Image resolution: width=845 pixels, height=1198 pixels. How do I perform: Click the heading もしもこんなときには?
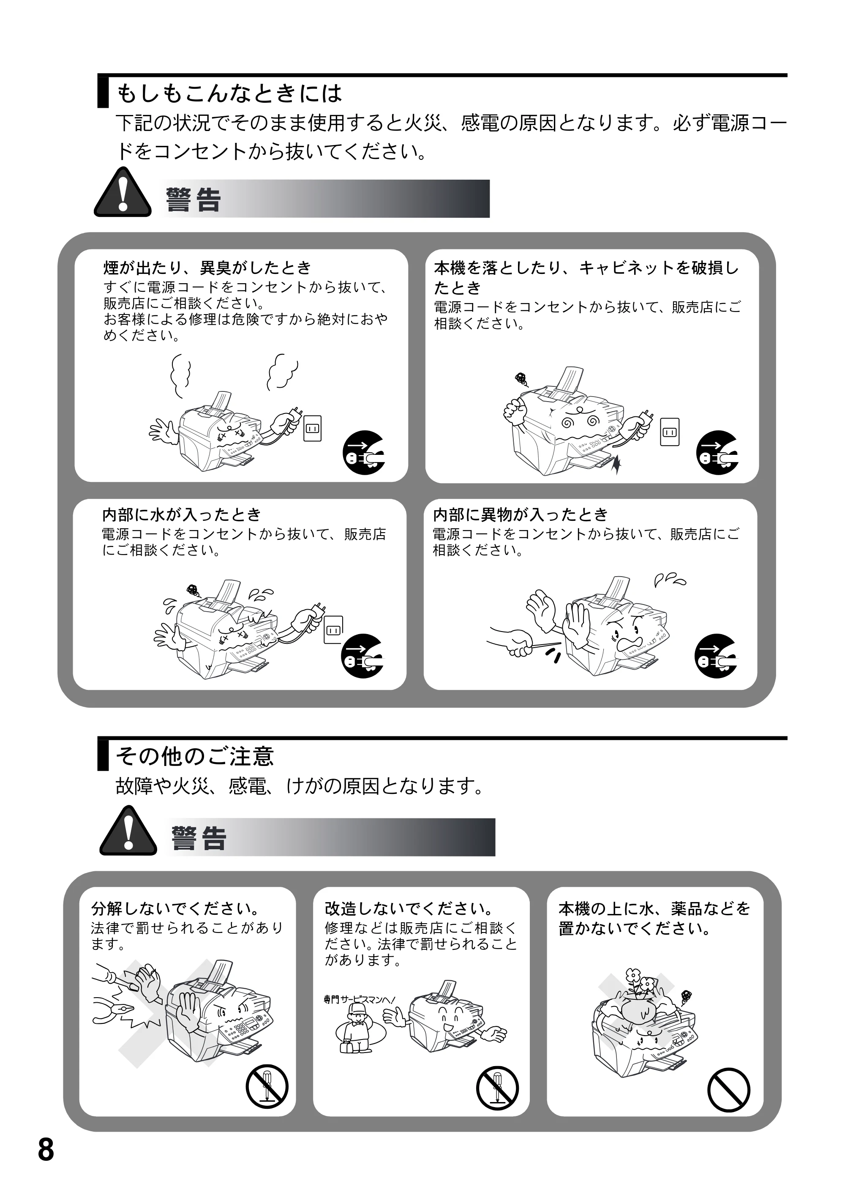click(x=229, y=93)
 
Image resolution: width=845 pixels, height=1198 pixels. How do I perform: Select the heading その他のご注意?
click(x=194, y=756)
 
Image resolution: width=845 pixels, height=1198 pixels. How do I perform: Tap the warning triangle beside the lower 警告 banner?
click(x=128, y=831)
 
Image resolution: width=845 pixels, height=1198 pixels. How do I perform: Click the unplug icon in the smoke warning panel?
click(x=363, y=452)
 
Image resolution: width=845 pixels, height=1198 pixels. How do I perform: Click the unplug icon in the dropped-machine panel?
click(x=717, y=452)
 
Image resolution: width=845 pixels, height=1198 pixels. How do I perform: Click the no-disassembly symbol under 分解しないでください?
click(x=267, y=1086)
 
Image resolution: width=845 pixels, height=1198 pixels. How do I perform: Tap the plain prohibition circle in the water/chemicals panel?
click(x=729, y=1090)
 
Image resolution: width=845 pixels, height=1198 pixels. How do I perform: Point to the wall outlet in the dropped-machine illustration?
click(x=670, y=432)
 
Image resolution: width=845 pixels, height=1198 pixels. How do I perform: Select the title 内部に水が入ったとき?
click(x=182, y=515)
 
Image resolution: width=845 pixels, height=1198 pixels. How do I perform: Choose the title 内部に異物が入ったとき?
click(x=521, y=515)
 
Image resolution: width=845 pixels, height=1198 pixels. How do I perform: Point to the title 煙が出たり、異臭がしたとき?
click(x=207, y=268)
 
